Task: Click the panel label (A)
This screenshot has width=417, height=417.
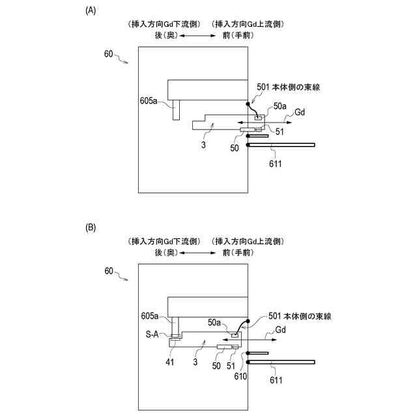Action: (x=91, y=10)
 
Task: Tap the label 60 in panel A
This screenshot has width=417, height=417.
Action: (x=109, y=54)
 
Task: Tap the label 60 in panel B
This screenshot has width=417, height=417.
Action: (x=109, y=269)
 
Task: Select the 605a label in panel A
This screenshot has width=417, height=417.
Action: (x=150, y=101)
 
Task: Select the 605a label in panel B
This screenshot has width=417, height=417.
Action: (x=150, y=317)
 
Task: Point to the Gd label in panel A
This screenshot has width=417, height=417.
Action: (x=300, y=112)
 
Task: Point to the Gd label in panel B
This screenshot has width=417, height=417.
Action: (x=281, y=331)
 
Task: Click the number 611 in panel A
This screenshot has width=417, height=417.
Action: (x=274, y=164)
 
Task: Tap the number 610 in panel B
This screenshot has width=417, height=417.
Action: (x=250, y=376)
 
